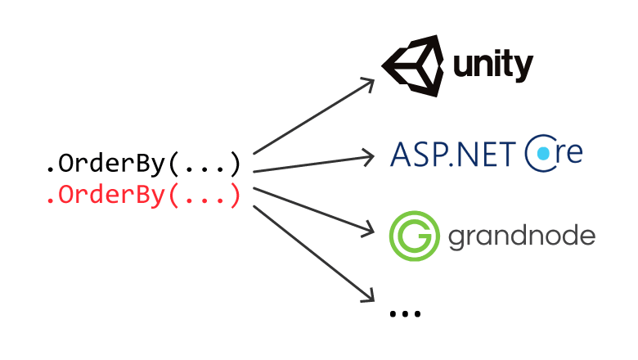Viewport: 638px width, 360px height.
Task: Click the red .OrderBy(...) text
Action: pyautogui.click(x=143, y=196)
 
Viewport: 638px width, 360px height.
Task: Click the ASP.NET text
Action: pyautogui.click(x=452, y=153)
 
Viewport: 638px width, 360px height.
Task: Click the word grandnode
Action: pyautogui.click(x=522, y=238)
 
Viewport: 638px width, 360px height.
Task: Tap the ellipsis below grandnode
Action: pyautogui.click(x=405, y=313)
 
